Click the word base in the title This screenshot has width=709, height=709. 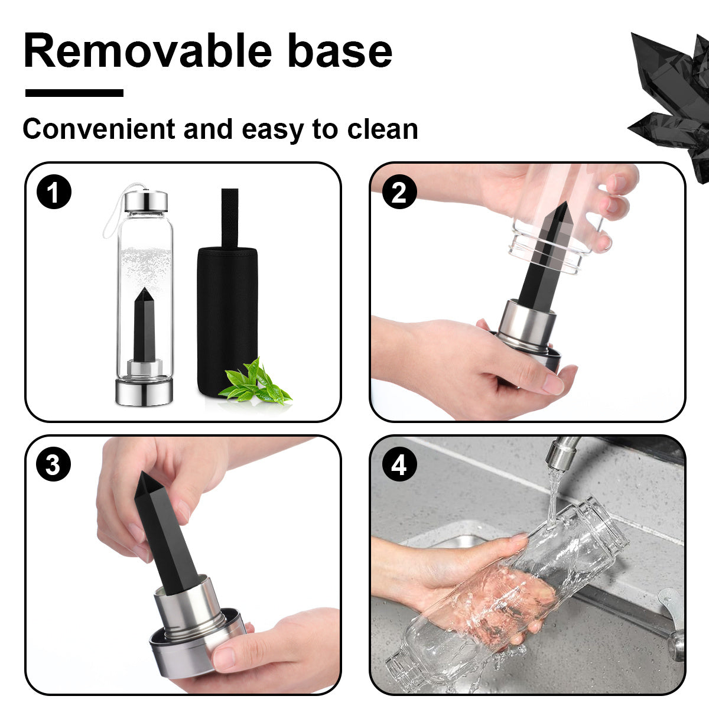[340, 51]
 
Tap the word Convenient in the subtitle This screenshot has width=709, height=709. [99, 129]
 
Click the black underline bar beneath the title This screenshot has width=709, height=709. [74, 93]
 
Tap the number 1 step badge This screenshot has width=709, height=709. [54, 193]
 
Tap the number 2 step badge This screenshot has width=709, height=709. [399, 193]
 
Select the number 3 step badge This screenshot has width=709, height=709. [54, 465]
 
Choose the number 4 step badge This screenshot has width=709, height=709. [399, 465]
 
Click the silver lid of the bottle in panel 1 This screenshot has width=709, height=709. [145, 201]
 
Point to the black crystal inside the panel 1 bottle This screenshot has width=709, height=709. [144, 325]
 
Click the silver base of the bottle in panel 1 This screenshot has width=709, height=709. [144, 391]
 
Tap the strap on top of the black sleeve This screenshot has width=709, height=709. [229, 216]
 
